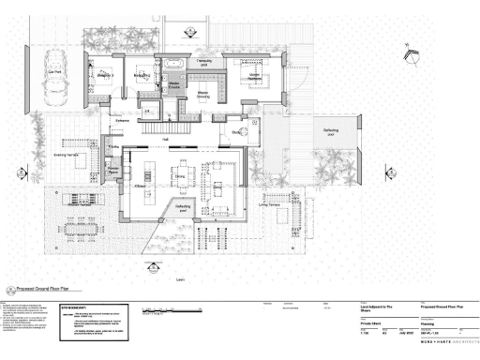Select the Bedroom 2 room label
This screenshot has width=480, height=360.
click(x=142, y=75)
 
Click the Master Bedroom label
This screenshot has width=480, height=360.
click(x=253, y=74)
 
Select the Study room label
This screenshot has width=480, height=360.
click(x=237, y=132)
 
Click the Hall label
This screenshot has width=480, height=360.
click(x=165, y=139)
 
